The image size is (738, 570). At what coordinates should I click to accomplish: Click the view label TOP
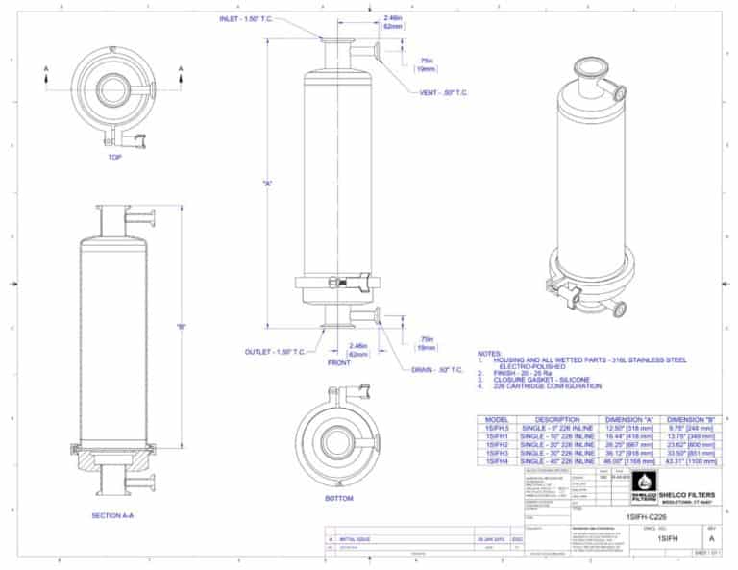[x=114, y=157]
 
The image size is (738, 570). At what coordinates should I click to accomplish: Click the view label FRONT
[x=338, y=363]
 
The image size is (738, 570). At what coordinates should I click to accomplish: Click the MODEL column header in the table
[x=498, y=420]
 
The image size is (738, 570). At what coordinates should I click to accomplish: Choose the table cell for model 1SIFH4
[x=498, y=463]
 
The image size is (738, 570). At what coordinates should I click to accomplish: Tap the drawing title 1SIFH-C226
[x=647, y=518]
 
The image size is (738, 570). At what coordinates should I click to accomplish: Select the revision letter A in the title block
[x=711, y=539]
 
